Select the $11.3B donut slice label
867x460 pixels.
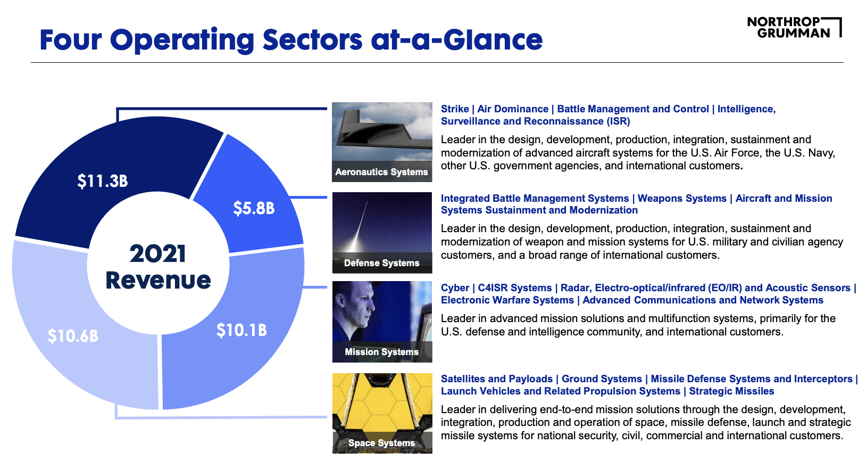coord(103,181)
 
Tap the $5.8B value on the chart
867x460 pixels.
coord(254,208)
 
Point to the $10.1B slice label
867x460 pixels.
coord(241,331)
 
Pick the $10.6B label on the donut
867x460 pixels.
coord(73,336)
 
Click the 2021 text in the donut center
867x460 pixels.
coord(158,253)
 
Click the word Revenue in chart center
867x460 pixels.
coord(158,280)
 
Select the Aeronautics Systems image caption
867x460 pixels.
coord(381,172)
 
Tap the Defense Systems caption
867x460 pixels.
coord(381,263)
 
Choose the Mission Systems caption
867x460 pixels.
coord(381,352)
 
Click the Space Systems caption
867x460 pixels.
coord(381,443)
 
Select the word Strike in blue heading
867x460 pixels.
coord(455,109)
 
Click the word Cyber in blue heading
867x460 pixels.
coord(455,288)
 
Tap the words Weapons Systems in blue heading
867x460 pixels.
coord(682,199)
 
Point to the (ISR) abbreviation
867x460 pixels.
coord(618,121)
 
